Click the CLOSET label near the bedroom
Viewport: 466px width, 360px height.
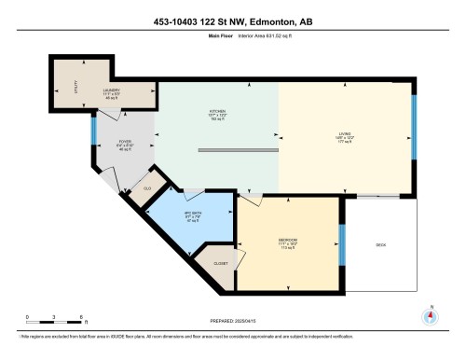[221, 264]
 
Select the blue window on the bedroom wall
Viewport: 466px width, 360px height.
[341, 244]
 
